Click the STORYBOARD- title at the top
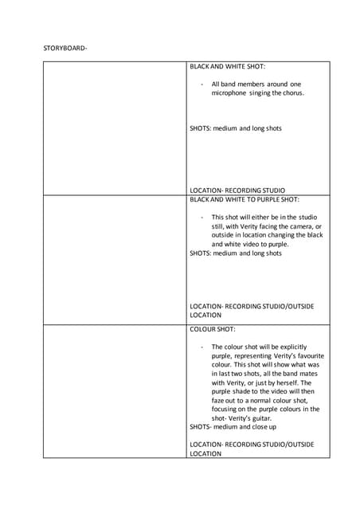[x=65, y=48]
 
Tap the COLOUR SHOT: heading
[x=212, y=328]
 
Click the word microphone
[x=230, y=93]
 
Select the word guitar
[x=257, y=418]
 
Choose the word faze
[x=220, y=400]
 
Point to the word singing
[x=265, y=93]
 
